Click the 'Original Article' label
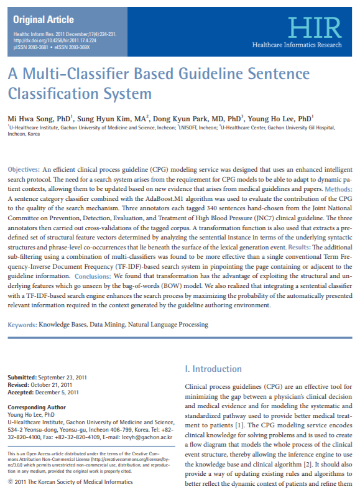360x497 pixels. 43,20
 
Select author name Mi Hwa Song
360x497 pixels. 35,118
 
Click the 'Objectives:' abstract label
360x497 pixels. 24,169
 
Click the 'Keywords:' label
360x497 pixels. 22,325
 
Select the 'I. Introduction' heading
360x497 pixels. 213,369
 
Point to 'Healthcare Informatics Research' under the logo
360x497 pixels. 297,45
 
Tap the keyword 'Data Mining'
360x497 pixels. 109,325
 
